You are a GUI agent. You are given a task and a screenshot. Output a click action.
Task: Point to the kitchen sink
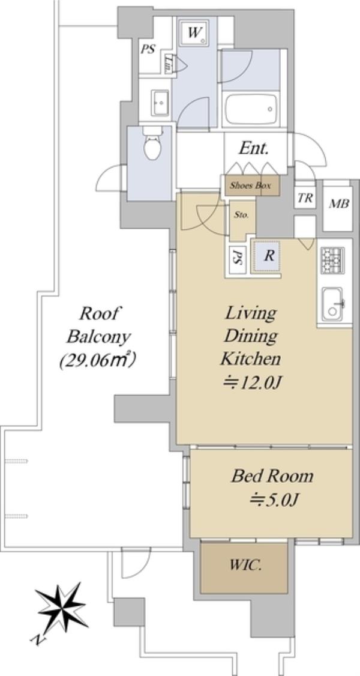point(332,304)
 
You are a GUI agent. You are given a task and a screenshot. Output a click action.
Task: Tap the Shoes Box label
point(250,186)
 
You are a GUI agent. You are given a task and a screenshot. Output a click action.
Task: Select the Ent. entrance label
point(254,148)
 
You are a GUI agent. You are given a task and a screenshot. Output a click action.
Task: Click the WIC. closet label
point(245,565)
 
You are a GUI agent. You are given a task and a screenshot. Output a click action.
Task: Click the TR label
point(305,198)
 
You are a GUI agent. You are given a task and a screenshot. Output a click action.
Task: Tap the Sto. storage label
point(241,215)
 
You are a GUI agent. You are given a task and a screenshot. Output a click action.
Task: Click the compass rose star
point(62,606)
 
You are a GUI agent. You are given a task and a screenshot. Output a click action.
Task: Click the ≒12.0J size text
point(251,382)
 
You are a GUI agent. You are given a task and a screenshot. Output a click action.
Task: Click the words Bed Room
point(272,476)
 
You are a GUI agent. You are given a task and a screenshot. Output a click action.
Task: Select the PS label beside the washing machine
point(148,50)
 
